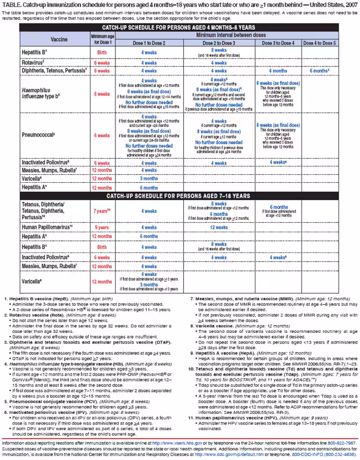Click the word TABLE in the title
tap(11, 5)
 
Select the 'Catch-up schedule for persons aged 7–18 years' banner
tap(179, 196)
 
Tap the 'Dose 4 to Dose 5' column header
tap(319, 43)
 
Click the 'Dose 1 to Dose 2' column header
tap(149, 43)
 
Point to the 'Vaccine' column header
tap(58, 39)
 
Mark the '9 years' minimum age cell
tap(102, 228)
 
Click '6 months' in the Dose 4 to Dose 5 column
tap(319, 71)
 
